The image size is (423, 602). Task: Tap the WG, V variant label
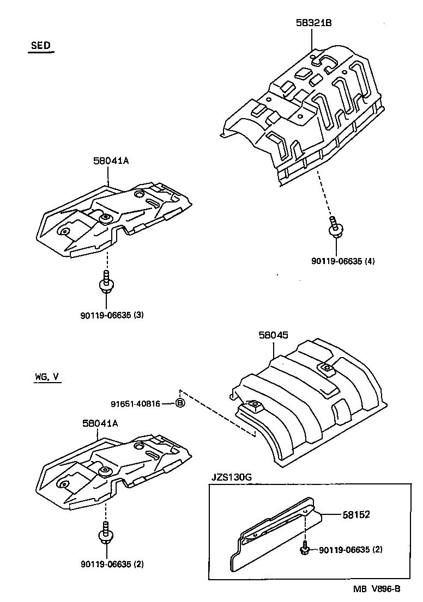[x=45, y=376]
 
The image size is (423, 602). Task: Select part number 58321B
[x=314, y=23]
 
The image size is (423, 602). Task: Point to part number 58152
[x=356, y=514]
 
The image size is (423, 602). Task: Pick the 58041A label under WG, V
[x=100, y=422]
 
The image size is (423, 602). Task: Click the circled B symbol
[x=180, y=403]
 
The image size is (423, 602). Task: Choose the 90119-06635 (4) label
[x=343, y=261]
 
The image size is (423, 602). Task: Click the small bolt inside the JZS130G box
[x=304, y=549]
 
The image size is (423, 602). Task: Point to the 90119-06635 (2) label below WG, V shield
[x=111, y=564]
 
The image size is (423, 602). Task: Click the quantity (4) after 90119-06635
[x=371, y=261]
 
